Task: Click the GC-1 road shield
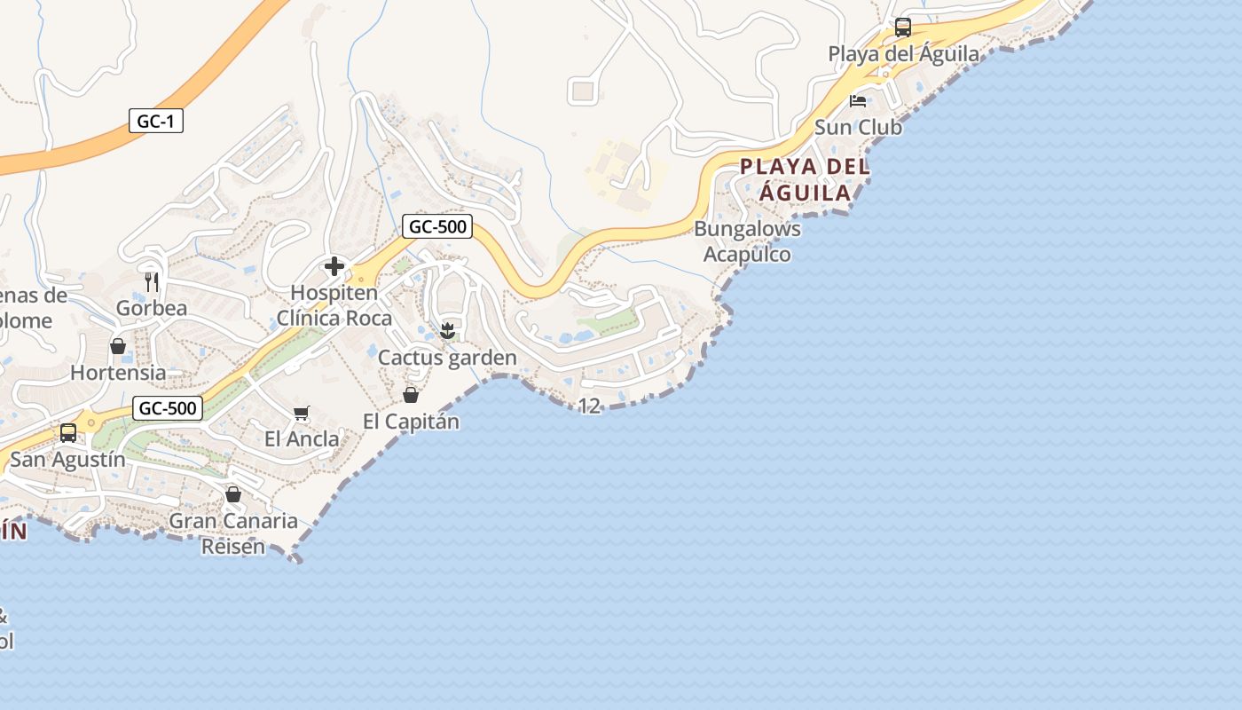click(156, 122)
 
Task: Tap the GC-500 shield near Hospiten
click(437, 226)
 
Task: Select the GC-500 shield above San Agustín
click(168, 408)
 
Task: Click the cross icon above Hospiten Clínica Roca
click(334, 266)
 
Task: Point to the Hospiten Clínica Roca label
click(334, 305)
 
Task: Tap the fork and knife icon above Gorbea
click(152, 282)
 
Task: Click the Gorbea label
click(152, 308)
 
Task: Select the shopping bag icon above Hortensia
click(118, 346)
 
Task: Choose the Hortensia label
click(118, 372)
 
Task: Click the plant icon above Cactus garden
click(448, 332)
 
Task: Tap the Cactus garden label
click(447, 358)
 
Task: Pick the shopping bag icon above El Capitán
click(411, 395)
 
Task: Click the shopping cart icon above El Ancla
click(302, 413)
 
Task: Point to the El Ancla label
click(302, 438)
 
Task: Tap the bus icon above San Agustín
click(68, 433)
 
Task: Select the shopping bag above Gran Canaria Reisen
click(233, 494)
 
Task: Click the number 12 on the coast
click(589, 406)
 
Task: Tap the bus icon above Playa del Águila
click(903, 28)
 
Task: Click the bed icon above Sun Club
click(858, 101)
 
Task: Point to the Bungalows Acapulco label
click(747, 241)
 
